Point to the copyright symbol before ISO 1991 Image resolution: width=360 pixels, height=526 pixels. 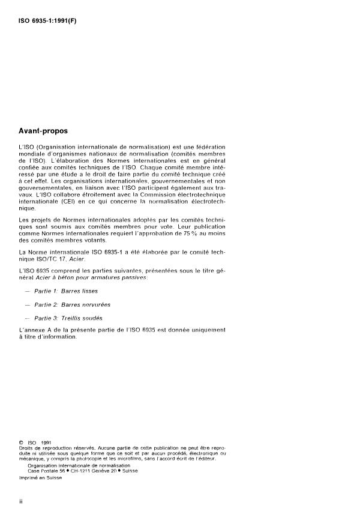(x=21, y=443)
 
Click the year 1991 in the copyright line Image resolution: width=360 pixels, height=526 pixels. (x=46, y=443)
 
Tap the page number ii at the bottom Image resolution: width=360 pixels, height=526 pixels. (x=20, y=500)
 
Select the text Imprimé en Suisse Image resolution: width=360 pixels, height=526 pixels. (x=41, y=477)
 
